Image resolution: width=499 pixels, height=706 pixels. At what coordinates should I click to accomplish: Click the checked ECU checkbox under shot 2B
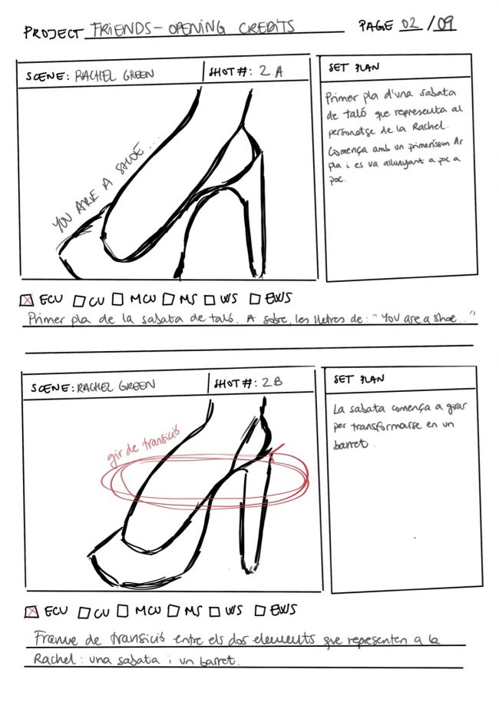[31, 612]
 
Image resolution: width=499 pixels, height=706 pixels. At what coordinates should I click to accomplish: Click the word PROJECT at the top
[51, 33]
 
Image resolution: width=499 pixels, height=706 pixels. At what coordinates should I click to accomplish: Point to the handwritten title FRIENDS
[116, 29]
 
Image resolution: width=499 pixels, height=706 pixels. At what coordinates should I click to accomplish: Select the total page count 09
[444, 24]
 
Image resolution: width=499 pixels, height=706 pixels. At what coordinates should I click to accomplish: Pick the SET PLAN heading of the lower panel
[359, 379]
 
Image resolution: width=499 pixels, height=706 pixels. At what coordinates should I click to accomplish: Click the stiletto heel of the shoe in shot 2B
[250, 522]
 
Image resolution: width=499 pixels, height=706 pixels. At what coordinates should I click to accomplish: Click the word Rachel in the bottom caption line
[52, 660]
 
